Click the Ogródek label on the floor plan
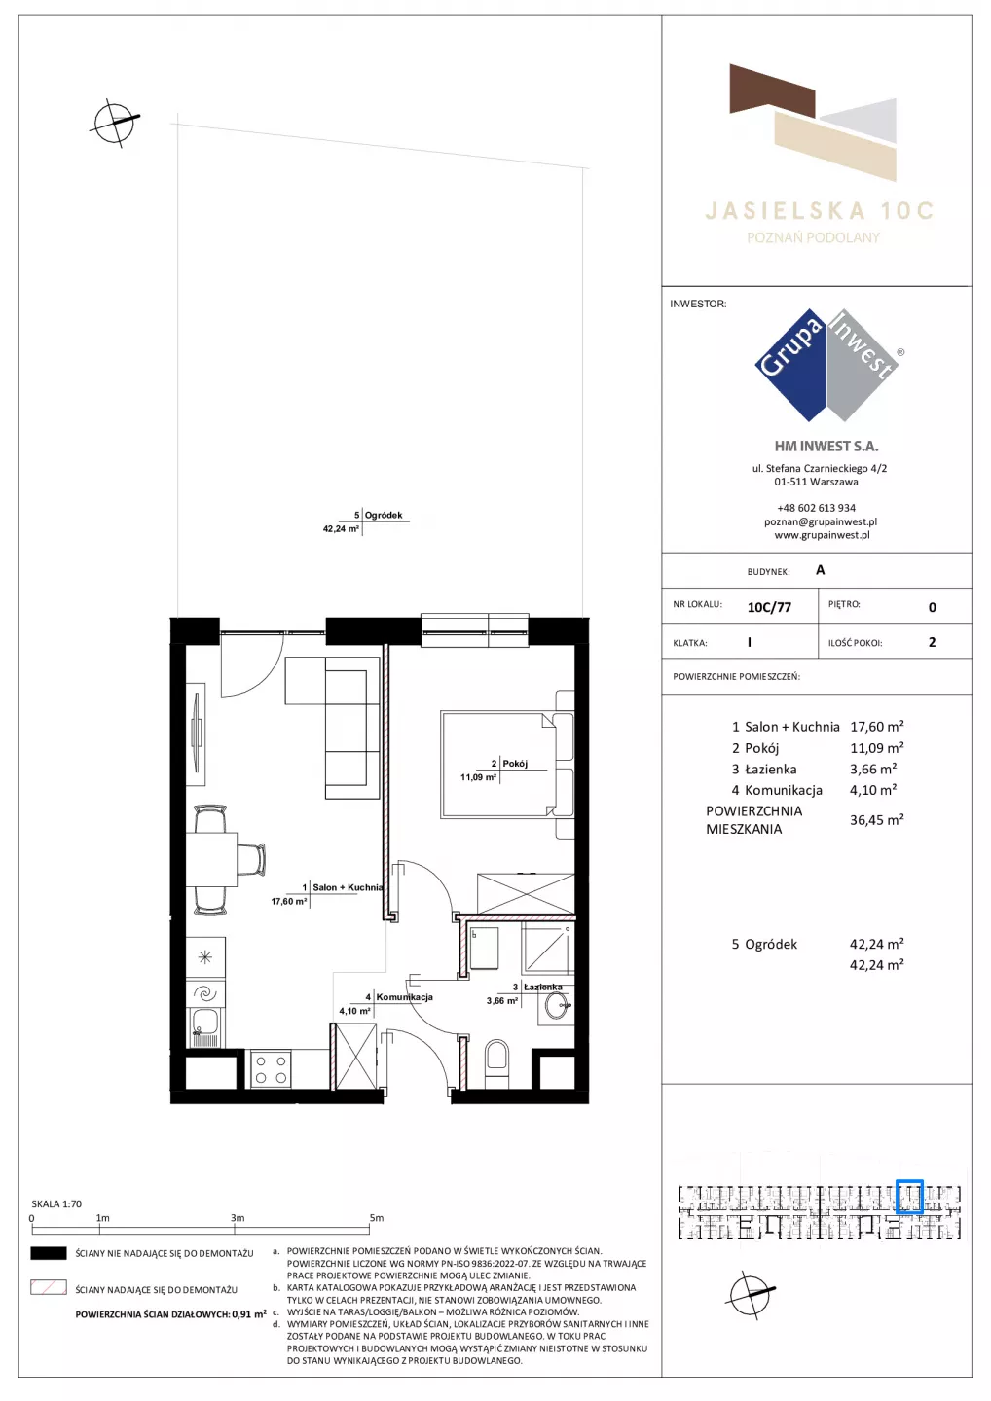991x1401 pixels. [x=383, y=515]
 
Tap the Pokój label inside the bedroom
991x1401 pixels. [x=515, y=763]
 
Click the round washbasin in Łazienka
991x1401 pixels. [x=556, y=1006]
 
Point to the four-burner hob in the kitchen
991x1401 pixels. [x=271, y=1069]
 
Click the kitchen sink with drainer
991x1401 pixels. [x=204, y=1028]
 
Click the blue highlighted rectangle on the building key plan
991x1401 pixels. [x=909, y=1197]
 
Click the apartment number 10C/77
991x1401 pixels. [x=769, y=607]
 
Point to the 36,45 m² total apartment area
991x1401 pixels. [x=876, y=819]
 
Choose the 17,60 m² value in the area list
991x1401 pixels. [x=876, y=726]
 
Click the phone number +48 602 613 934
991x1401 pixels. [x=816, y=508]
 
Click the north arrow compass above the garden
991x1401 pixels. [x=114, y=122]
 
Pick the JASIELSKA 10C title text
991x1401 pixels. [x=819, y=211]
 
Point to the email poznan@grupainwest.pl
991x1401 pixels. [x=821, y=521]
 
